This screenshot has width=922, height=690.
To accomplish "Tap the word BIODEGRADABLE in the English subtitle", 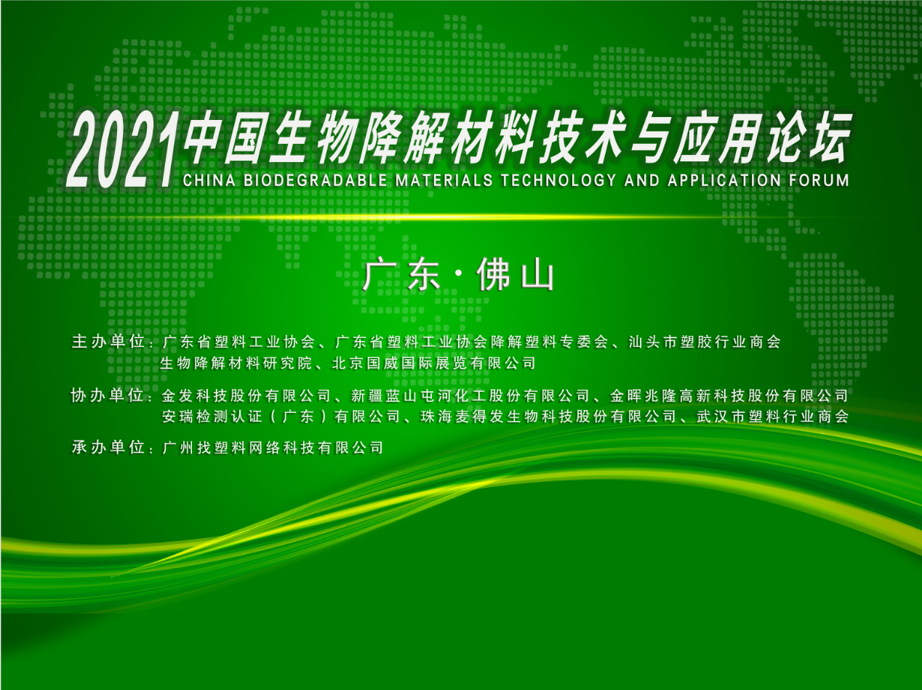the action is (315, 180).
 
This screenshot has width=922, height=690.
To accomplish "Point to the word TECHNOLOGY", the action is (558, 180).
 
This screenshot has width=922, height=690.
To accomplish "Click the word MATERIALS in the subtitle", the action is (444, 180).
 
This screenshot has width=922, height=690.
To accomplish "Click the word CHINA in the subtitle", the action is (209, 180).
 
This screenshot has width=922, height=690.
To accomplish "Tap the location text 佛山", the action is (516, 275).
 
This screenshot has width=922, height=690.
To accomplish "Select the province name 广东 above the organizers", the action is (401, 275).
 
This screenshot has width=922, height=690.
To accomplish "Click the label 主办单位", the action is (108, 342).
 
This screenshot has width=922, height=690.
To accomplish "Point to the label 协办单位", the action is (108, 396).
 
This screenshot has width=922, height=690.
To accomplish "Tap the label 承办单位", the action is (108, 447).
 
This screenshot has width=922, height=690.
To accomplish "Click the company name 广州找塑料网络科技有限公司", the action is (273, 448).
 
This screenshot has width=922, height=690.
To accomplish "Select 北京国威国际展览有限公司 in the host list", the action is (434, 363).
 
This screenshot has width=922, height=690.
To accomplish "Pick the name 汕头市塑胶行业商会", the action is (705, 342).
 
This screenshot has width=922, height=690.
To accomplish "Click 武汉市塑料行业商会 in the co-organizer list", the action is (773, 416).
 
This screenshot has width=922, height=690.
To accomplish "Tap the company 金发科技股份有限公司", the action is (246, 396).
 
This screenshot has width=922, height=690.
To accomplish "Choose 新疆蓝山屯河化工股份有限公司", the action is (470, 396).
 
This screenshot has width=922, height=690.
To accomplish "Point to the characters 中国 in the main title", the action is (225, 137).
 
